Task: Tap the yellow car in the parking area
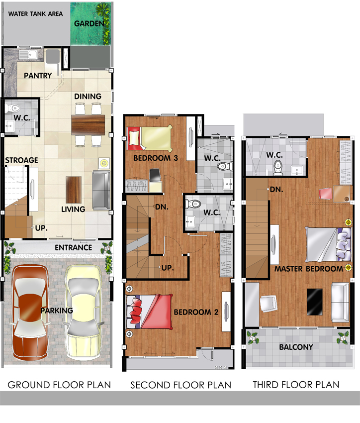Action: click(83, 313)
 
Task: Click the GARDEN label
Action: click(89, 24)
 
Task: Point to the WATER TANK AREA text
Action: click(35, 14)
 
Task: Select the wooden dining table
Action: click(88, 125)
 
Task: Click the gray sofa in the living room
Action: click(101, 190)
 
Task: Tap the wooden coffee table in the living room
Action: click(74, 190)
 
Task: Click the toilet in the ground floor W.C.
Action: click(12, 108)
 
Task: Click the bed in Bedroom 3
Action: click(150, 137)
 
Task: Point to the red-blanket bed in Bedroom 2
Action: click(150, 312)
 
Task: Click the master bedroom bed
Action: click(329, 244)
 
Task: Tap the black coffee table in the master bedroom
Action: click(315, 302)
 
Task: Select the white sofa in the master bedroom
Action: click(340, 302)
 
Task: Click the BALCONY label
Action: click(296, 347)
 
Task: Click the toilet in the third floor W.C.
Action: click(278, 168)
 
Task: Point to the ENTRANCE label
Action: click(73, 248)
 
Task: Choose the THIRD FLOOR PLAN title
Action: click(296, 384)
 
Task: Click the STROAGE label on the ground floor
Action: click(21, 160)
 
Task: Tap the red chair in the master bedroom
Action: click(326, 194)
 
